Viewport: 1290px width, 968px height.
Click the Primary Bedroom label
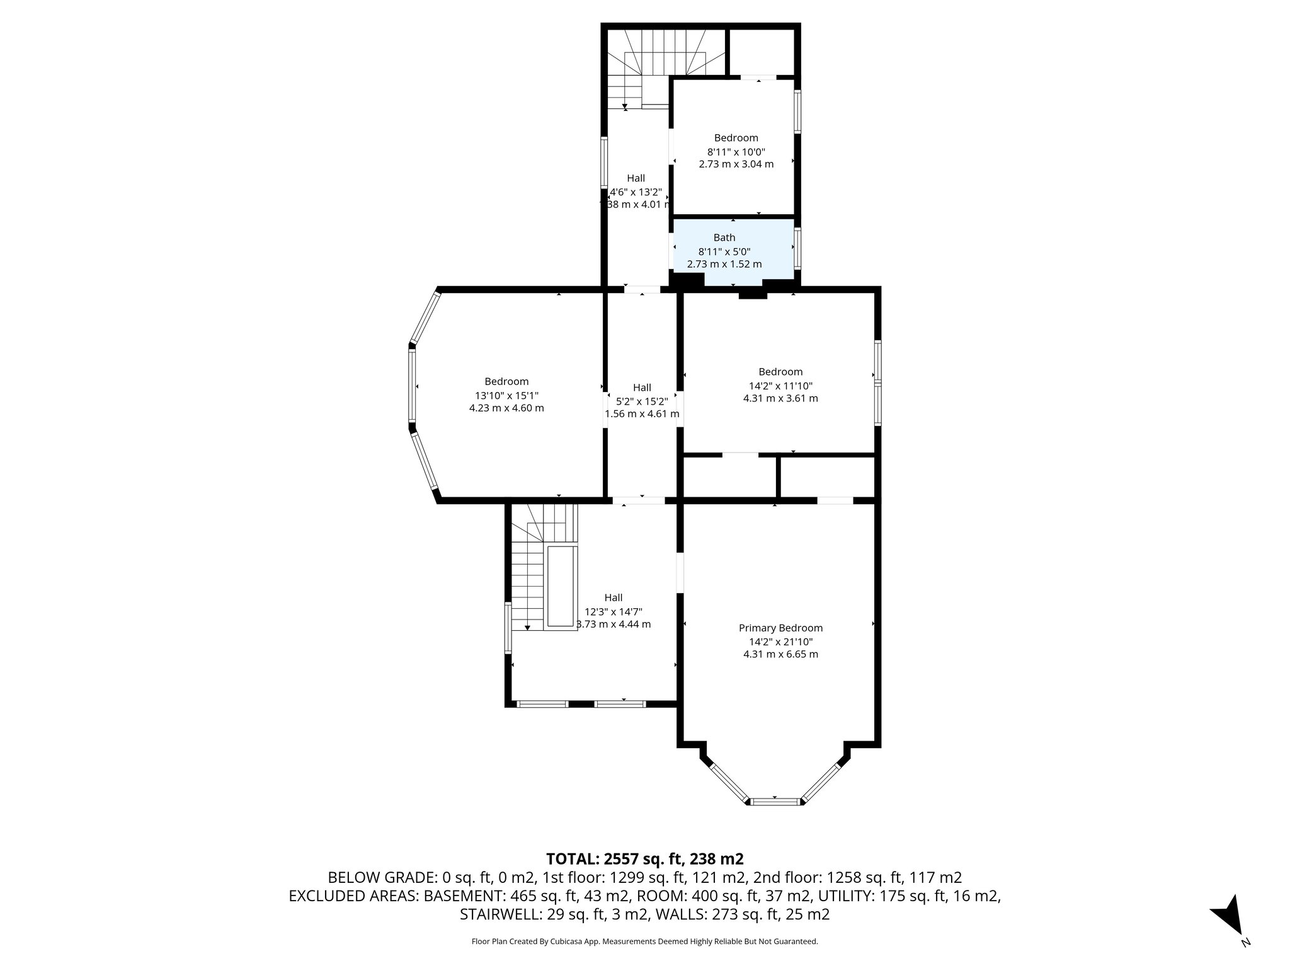(x=780, y=628)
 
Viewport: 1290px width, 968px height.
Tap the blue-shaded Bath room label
(x=724, y=238)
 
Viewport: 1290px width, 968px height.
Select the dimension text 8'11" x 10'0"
(x=736, y=151)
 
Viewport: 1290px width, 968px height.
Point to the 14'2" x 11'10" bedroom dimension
(x=780, y=386)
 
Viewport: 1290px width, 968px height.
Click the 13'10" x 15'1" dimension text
(x=506, y=395)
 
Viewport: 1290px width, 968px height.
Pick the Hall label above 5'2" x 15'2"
(x=642, y=387)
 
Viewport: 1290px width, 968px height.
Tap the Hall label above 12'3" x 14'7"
(x=613, y=597)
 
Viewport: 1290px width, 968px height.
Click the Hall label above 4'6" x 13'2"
(x=636, y=178)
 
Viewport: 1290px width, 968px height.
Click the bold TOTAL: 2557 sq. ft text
(x=644, y=858)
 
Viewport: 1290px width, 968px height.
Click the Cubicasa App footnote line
(x=644, y=942)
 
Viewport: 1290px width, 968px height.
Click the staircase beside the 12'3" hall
(x=528, y=573)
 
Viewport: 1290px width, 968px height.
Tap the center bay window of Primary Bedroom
(x=774, y=802)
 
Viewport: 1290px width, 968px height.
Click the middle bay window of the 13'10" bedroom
(x=413, y=386)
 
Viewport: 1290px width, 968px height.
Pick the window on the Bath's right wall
(x=797, y=248)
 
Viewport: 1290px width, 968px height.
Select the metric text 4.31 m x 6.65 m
(x=780, y=654)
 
